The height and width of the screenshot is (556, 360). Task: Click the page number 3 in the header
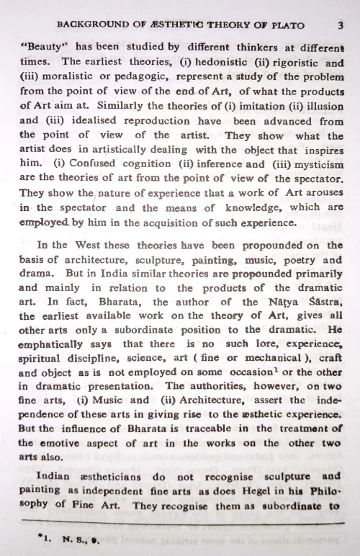tap(338, 24)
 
